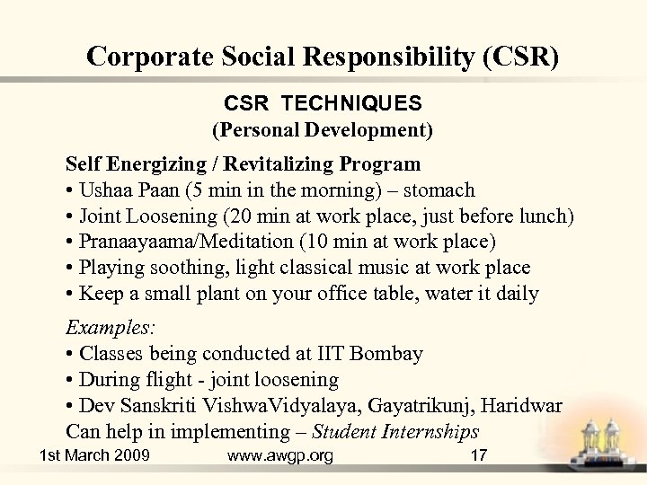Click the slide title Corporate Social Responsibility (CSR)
point(323,57)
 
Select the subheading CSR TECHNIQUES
point(323,105)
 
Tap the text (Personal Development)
point(323,130)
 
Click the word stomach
point(441,190)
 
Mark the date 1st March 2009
point(95,456)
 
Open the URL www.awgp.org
point(280,456)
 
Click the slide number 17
point(479,456)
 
